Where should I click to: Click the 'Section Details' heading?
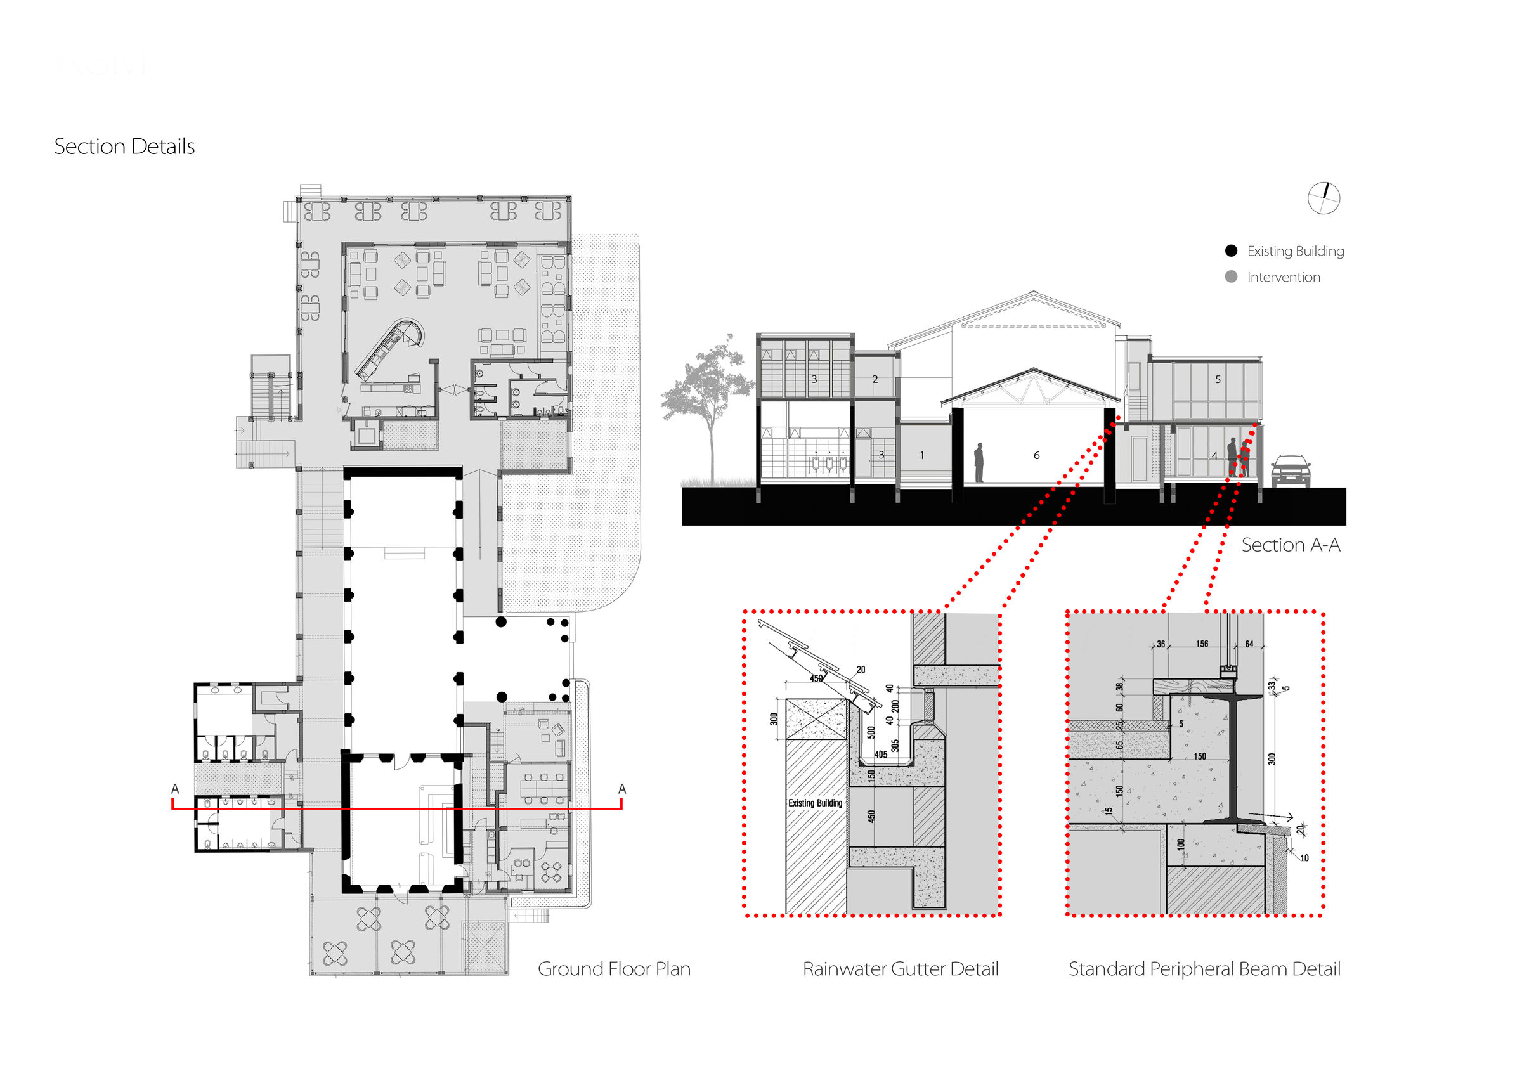click(125, 146)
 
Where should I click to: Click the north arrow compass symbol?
click(1324, 198)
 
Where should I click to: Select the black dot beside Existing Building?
click(1231, 250)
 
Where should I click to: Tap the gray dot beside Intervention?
click(1231, 276)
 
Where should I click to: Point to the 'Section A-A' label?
click(1291, 545)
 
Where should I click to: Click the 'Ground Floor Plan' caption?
click(614, 969)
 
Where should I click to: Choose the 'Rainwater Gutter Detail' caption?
click(901, 969)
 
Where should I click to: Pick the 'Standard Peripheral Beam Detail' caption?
click(1204, 969)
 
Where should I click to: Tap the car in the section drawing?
click(1290, 470)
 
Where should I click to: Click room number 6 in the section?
click(1036, 455)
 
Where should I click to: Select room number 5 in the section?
click(1218, 379)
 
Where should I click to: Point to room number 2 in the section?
click(875, 379)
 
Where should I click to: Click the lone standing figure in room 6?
click(979, 462)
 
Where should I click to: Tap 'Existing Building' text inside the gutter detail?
click(815, 803)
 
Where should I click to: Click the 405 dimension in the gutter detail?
click(880, 755)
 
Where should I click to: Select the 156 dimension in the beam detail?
click(1202, 644)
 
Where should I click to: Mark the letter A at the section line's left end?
click(175, 789)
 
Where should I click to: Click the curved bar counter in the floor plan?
click(391, 346)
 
